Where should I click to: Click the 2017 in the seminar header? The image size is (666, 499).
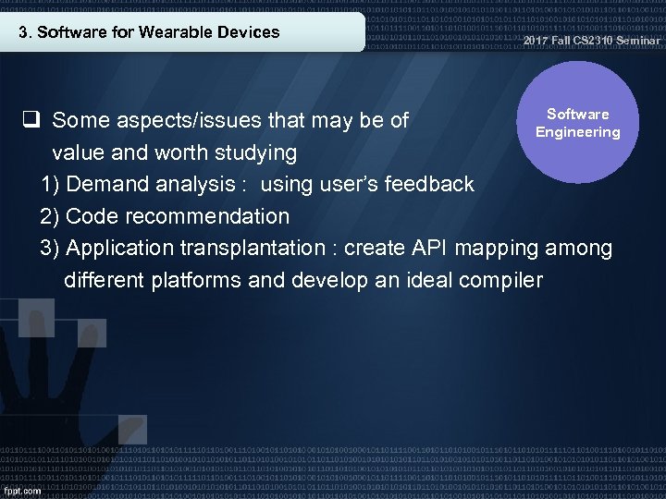tap(536, 40)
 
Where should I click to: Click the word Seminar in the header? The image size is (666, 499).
tap(639, 40)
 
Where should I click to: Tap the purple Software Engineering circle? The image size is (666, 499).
tap(578, 123)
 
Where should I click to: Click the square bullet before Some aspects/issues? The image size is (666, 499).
tap(31, 119)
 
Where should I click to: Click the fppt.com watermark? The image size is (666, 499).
tap(22, 490)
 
